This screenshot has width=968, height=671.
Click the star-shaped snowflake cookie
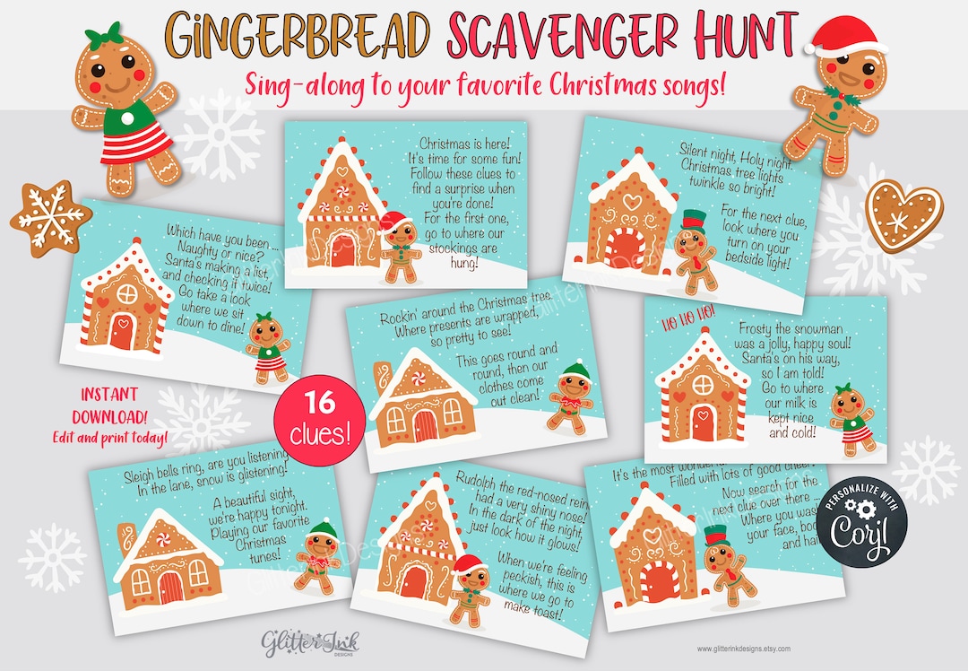pyautogui.click(x=50, y=218)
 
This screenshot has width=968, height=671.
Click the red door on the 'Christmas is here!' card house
pyautogui.click(x=342, y=251)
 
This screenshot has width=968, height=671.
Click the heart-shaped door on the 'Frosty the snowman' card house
pyautogui.click(x=703, y=423)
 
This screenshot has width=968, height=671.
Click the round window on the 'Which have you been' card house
pyautogui.click(x=126, y=295)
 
